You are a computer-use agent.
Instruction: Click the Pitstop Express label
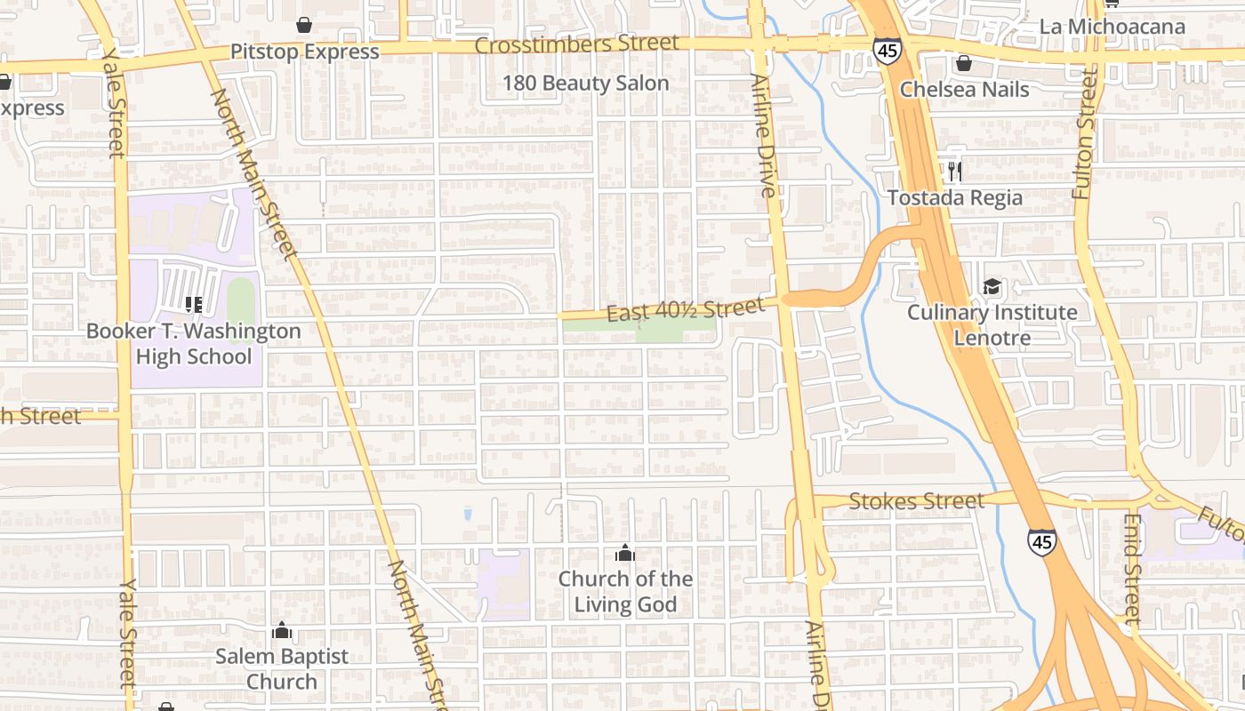click(x=304, y=52)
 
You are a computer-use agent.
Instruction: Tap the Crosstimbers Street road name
click(x=576, y=44)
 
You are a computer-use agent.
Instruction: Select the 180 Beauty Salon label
click(x=585, y=84)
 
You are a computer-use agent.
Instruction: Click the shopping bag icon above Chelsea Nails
click(x=963, y=63)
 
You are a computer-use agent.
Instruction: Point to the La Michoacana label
click(x=1112, y=27)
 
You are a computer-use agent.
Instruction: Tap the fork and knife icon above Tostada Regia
click(x=955, y=171)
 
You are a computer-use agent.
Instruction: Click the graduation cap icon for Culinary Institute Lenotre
click(x=992, y=286)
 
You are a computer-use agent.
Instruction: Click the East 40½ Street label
click(x=685, y=310)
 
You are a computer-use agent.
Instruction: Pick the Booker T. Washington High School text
click(x=193, y=344)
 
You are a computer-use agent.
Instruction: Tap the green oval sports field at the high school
click(x=240, y=300)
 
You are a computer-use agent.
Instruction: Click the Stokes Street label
click(x=916, y=501)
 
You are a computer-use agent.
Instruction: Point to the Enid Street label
click(x=1131, y=569)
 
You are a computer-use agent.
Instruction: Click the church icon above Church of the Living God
click(x=625, y=553)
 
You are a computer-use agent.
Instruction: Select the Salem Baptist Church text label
click(x=282, y=669)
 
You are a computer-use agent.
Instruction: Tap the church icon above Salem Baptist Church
click(x=282, y=630)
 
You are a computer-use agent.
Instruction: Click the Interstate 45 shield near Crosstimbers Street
click(x=886, y=51)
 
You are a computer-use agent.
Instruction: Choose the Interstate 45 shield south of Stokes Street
click(x=1041, y=541)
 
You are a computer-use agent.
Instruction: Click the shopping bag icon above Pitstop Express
click(x=304, y=24)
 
